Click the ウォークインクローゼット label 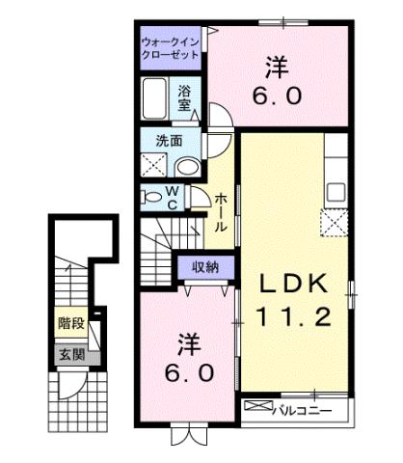[171, 49]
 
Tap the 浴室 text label [186, 98]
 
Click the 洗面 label [170, 140]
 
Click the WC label [172, 197]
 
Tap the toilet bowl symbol [150, 197]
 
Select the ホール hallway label [221, 211]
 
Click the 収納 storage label [204, 267]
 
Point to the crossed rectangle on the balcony [255, 410]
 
